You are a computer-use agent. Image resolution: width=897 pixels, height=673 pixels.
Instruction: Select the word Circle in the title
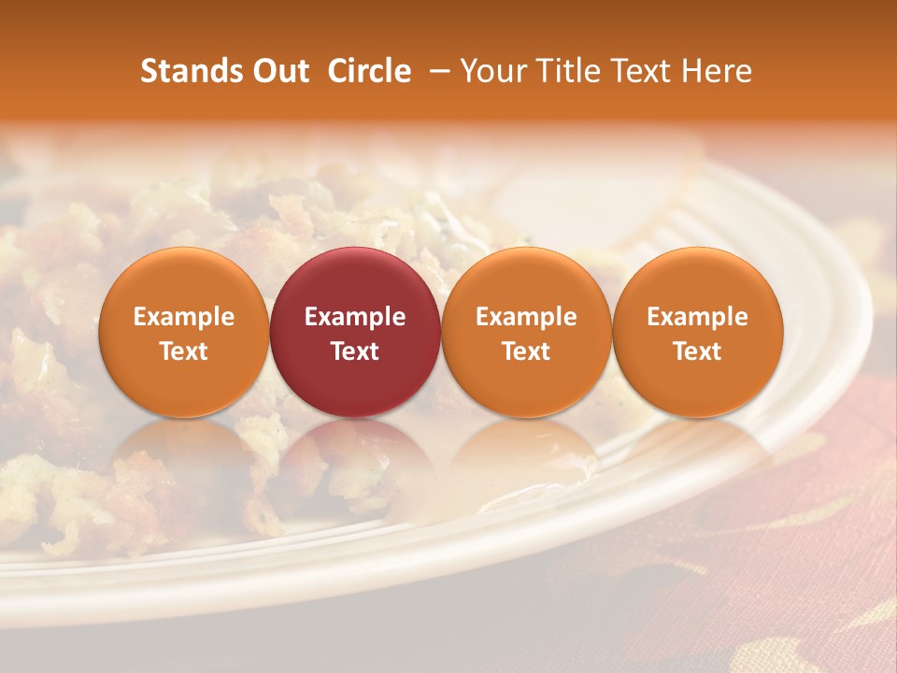(369, 71)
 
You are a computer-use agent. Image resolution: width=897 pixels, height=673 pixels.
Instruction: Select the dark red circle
(355, 332)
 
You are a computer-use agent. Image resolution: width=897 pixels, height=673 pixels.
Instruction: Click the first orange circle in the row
(184, 332)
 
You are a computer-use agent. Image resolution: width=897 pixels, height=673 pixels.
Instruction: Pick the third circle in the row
(526, 332)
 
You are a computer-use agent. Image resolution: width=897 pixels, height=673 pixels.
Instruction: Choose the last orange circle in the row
(697, 332)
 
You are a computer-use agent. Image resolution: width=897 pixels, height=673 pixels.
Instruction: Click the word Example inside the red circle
(355, 317)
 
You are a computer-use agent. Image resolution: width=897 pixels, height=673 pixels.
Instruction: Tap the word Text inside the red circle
(355, 351)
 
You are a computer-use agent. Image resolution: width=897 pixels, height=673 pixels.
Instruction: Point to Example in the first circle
(184, 317)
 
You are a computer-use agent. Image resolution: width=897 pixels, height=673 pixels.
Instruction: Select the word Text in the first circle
(184, 351)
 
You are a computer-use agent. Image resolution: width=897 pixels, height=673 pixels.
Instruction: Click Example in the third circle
(526, 317)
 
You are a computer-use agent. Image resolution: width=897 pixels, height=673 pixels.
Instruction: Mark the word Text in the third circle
(526, 351)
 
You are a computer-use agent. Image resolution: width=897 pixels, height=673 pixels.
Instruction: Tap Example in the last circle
(697, 317)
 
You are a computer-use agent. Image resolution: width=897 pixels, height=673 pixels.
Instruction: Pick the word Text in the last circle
(697, 351)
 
